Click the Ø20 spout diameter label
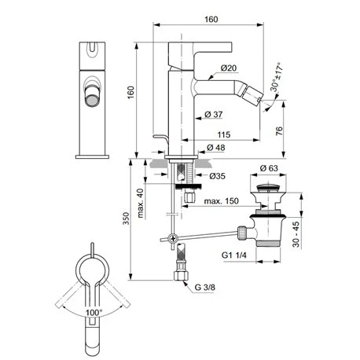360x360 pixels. pos(229,68)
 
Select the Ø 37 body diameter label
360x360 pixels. pos(214,114)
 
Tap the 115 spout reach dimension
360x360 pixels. pos(224,134)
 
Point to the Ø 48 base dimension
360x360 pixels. pos(216,148)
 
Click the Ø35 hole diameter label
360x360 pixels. pos(217,176)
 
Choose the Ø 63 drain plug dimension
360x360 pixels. pos(269,168)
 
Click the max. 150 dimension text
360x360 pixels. pos(222,201)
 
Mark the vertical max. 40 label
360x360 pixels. pos(141,203)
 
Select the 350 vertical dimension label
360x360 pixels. pos(127,219)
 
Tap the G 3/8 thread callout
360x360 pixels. pos(204,288)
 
